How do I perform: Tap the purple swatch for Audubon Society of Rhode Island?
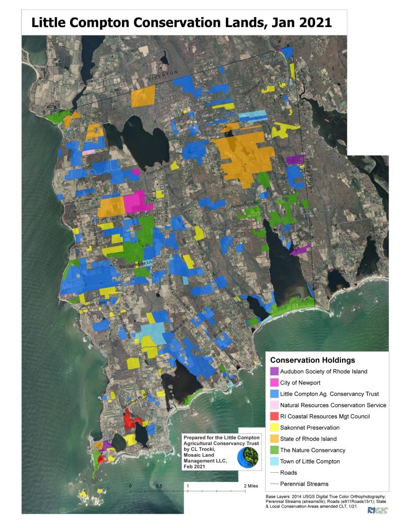[x=274, y=371]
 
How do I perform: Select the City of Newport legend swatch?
[x=274, y=383]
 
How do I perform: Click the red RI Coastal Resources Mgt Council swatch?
[x=274, y=417]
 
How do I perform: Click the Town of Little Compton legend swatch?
[x=274, y=461]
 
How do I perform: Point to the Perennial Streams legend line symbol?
[x=274, y=484]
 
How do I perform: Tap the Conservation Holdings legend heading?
[x=312, y=360]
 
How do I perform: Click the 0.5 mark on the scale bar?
[x=159, y=486]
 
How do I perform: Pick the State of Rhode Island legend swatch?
[x=274, y=439]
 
